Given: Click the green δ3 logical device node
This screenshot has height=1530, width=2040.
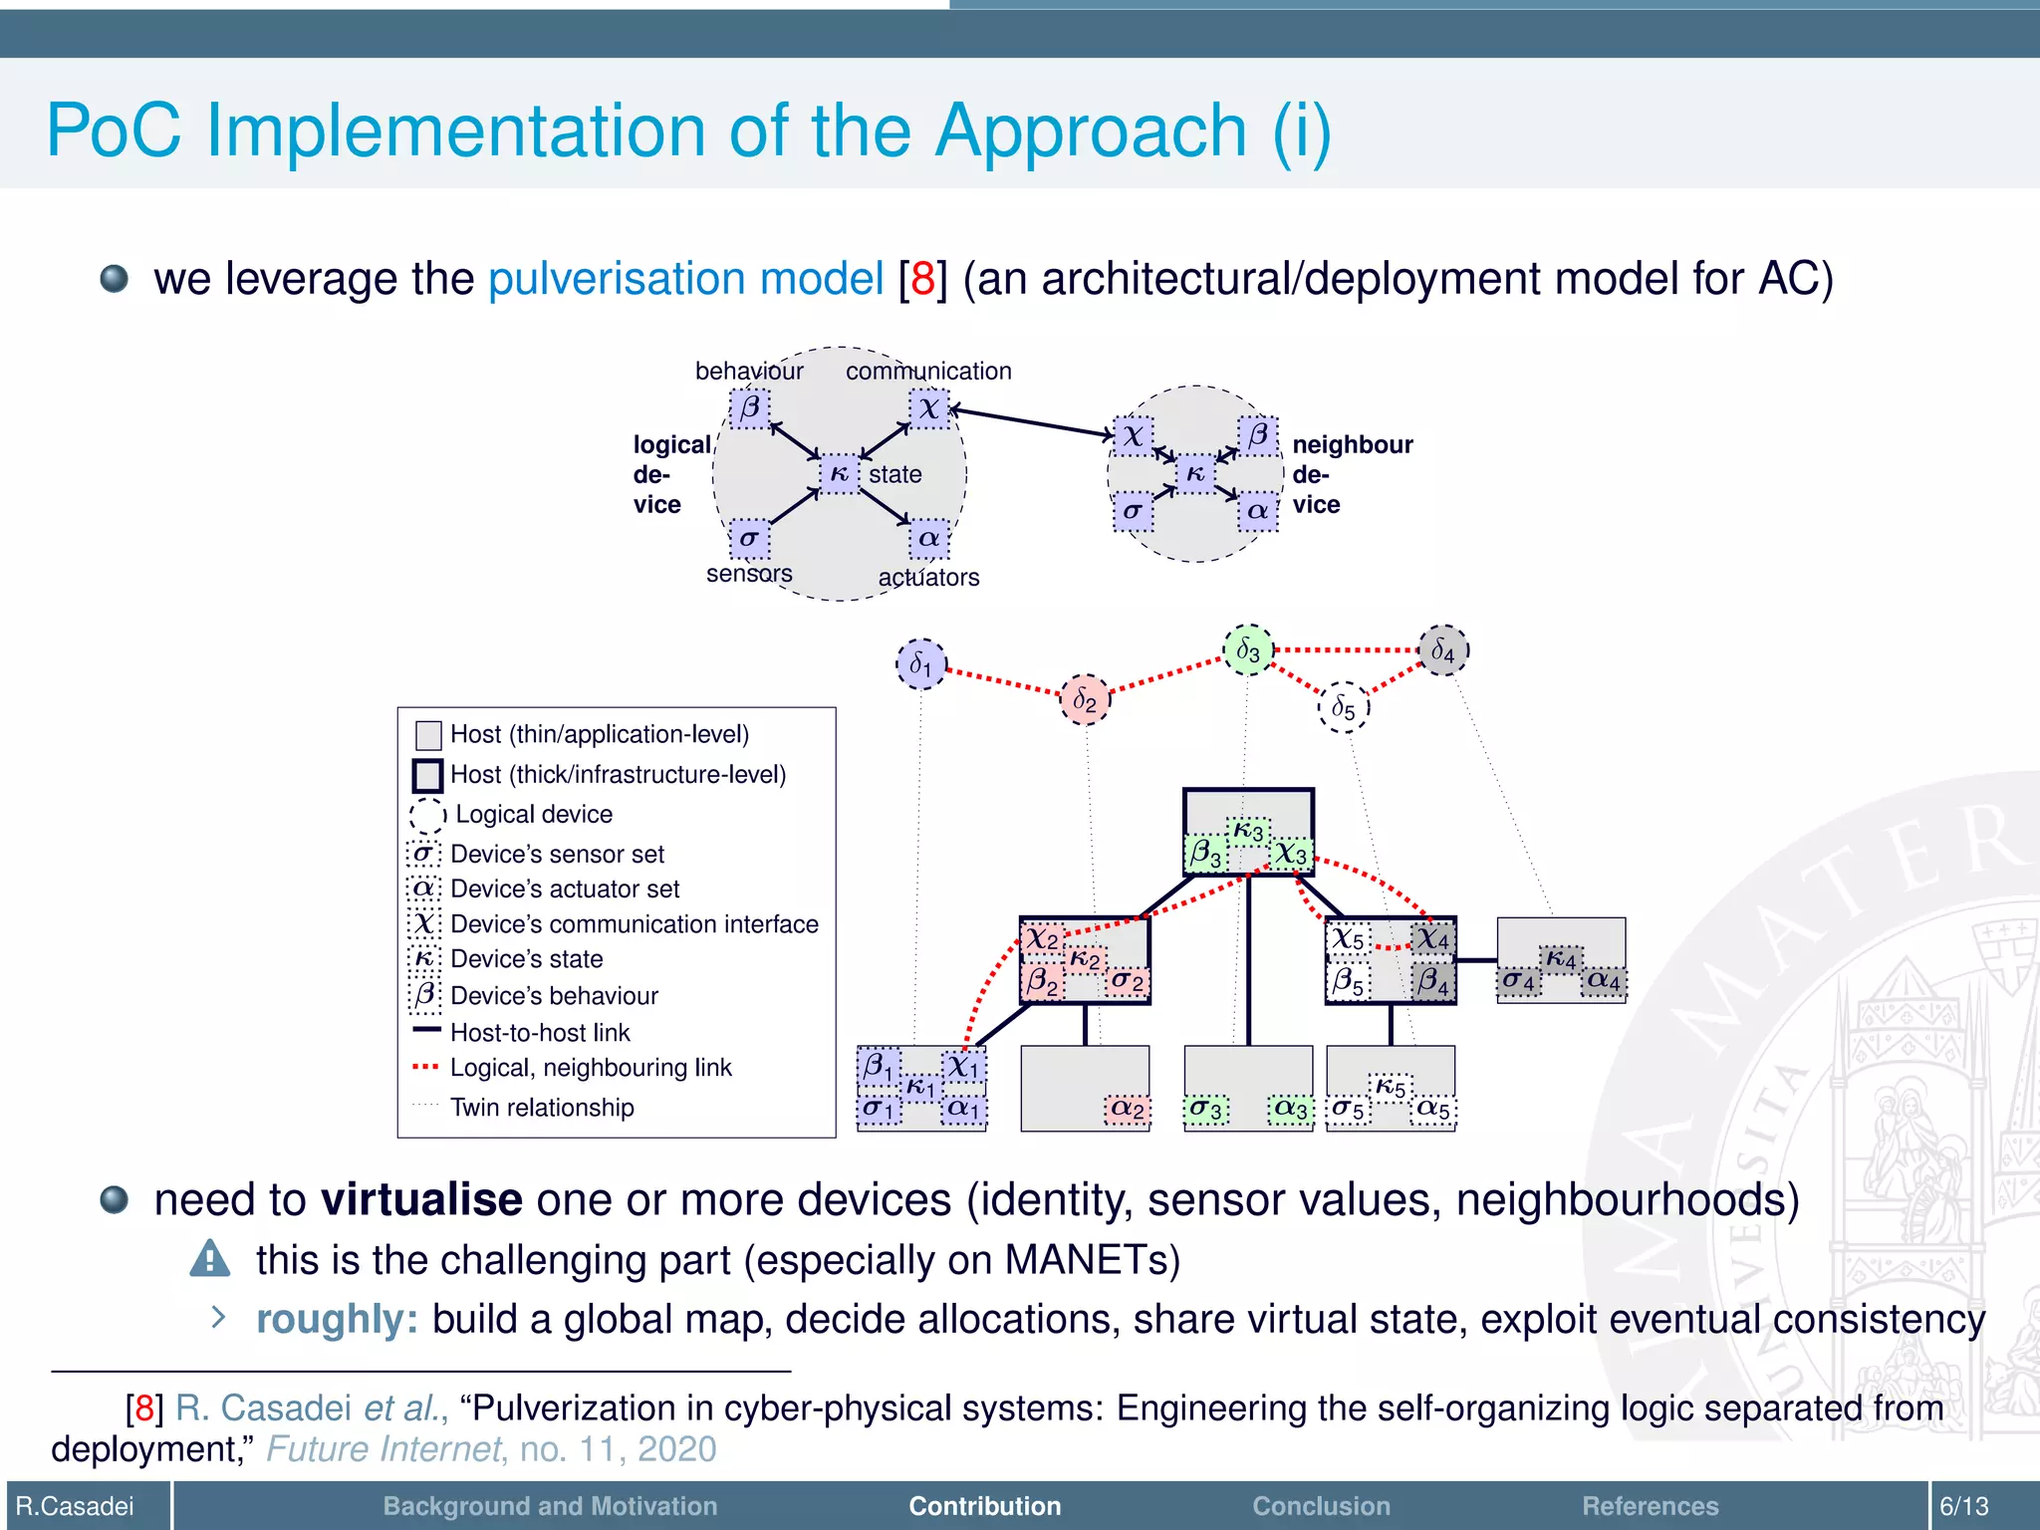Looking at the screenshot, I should (1247, 650).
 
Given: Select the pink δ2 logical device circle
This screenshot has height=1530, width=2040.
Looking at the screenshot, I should (1084, 700).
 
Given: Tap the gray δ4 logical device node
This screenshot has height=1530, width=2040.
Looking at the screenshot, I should (1442, 650).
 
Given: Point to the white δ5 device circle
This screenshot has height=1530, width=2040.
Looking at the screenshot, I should (1343, 708).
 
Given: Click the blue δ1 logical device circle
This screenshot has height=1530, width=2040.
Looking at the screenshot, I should (920, 664).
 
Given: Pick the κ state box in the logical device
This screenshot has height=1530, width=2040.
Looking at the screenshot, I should (839, 474).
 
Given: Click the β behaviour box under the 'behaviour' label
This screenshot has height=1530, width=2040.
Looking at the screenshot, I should (749, 408).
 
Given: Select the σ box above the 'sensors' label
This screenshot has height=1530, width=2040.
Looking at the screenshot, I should (749, 539).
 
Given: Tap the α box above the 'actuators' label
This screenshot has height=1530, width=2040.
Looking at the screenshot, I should (928, 539).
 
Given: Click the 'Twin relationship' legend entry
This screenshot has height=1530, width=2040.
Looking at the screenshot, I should (542, 1108).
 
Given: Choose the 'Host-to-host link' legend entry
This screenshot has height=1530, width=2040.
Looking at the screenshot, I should (540, 1033).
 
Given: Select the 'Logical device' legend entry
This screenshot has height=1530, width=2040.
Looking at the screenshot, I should (534, 815).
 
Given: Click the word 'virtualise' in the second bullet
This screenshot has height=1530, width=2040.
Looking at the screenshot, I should (421, 1199).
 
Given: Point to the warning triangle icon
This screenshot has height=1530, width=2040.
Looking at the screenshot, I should (210, 1259).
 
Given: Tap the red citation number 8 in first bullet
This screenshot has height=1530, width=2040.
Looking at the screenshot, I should (922, 279).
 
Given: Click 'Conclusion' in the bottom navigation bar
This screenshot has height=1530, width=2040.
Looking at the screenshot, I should (1321, 1506).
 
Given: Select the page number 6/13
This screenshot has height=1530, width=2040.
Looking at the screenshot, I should (1963, 1506).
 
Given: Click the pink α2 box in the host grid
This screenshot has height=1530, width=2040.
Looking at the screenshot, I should (1128, 1109).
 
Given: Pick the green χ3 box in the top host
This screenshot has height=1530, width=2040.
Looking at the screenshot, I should (1291, 854).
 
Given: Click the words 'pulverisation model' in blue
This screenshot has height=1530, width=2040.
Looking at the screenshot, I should (685, 279).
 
